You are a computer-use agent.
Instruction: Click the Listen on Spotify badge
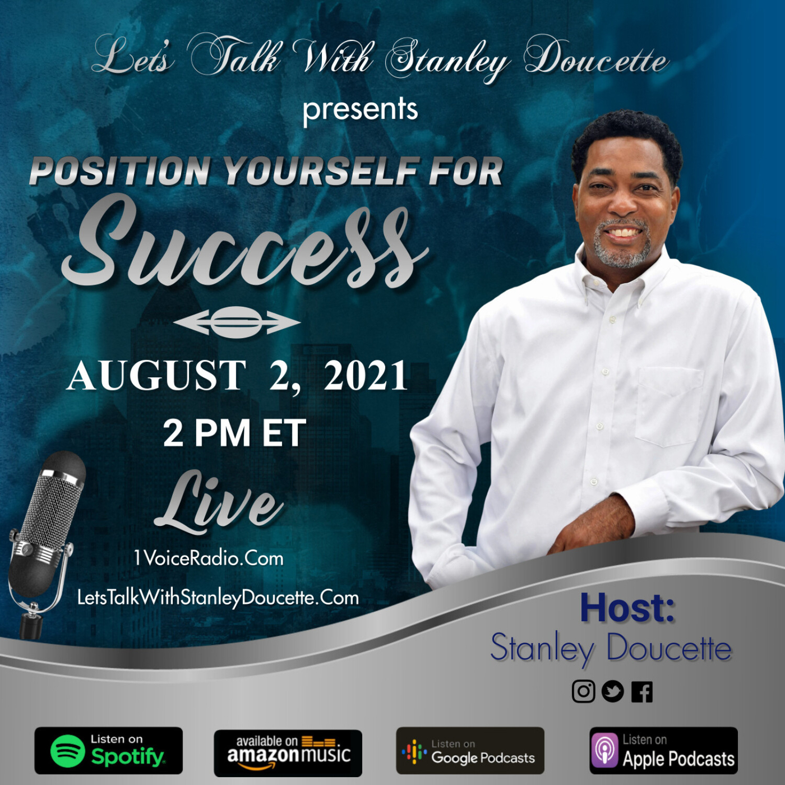click(108, 751)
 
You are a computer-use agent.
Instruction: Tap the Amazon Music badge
click(288, 752)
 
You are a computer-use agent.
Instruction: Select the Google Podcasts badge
click(470, 751)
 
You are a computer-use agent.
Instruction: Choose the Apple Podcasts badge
click(663, 751)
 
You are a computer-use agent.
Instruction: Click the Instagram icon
click(583, 691)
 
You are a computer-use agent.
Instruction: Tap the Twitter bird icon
click(612, 691)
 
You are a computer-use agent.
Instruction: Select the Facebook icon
click(642, 692)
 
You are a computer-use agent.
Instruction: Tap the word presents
click(360, 109)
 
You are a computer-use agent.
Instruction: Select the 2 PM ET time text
click(234, 433)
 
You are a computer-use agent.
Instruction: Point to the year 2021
click(366, 376)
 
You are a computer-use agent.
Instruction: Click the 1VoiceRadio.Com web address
click(209, 558)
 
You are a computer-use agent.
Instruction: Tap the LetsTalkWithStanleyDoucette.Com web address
click(218, 598)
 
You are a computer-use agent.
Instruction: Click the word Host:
click(627, 608)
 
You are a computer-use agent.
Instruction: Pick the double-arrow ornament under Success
click(237, 322)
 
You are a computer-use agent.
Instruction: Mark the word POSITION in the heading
click(119, 171)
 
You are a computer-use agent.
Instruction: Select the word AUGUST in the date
click(156, 376)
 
